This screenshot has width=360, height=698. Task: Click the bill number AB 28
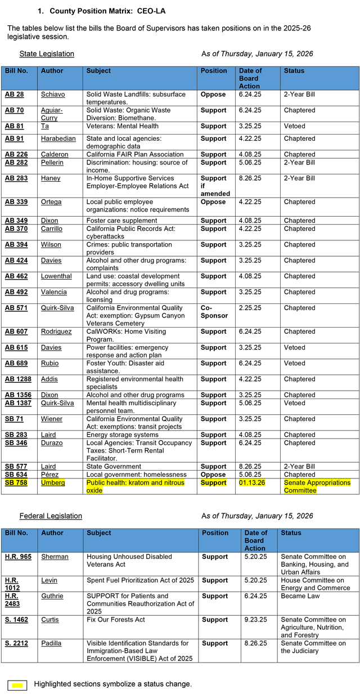coord(14,95)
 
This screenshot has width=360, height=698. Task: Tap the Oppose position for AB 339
coord(213,202)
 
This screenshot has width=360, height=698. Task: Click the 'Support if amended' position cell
coord(215,186)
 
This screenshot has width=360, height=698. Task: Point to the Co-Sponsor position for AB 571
coord(214,312)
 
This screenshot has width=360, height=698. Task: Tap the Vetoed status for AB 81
coord(294,126)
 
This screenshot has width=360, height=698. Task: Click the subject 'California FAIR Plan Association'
coord(135,154)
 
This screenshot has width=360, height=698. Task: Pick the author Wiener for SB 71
coord(52,419)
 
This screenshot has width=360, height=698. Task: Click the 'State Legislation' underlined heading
coord(47,54)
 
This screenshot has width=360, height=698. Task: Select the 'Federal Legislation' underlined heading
coord(51,516)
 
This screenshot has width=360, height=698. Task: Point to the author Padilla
coord(52,643)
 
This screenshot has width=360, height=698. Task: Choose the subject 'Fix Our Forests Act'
coord(116,620)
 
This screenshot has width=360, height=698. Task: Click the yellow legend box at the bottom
coord(17,685)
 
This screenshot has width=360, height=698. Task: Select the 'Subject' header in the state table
coord(98,71)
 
